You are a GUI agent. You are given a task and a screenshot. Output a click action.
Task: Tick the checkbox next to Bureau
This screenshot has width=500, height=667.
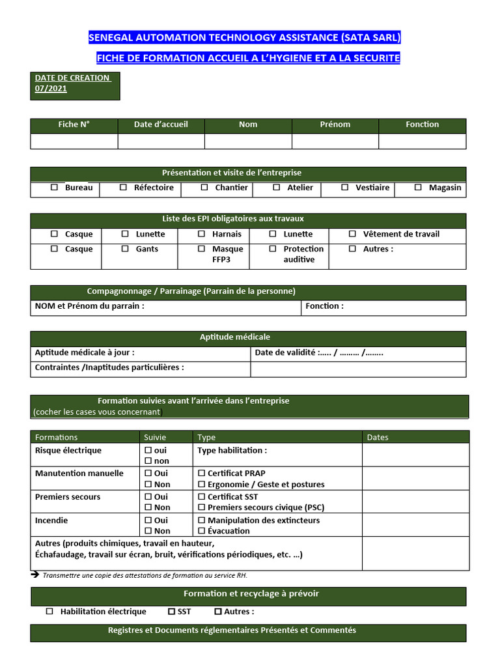[x=55, y=188]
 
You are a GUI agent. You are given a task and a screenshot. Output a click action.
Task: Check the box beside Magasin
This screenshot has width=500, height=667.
[x=418, y=188]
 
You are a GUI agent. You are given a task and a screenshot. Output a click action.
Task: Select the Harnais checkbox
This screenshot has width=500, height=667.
[x=201, y=234]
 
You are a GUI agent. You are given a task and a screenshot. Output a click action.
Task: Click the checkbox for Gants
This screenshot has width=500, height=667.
[x=125, y=249]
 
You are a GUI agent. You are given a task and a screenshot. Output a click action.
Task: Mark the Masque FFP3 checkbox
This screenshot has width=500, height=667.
[x=201, y=249]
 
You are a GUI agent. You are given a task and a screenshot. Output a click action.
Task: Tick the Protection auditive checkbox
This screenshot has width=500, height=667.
[x=273, y=249]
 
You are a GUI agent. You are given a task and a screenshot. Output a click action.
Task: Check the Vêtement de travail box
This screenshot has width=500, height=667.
[x=352, y=234]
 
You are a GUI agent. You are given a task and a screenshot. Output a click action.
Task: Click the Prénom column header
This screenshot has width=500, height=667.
[x=335, y=124]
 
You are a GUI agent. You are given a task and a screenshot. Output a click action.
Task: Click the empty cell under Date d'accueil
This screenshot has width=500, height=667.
[x=161, y=141]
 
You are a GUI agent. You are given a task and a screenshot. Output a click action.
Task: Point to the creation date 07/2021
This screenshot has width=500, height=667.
[x=51, y=89]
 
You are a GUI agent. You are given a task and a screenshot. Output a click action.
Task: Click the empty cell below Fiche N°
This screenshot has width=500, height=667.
[x=74, y=141]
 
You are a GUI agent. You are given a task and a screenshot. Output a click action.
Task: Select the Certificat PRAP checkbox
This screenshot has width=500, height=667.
[x=202, y=474]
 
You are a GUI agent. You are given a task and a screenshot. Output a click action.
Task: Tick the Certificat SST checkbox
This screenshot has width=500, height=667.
[x=202, y=497]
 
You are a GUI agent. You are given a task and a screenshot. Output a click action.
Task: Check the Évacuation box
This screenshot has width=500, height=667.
[x=202, y=531]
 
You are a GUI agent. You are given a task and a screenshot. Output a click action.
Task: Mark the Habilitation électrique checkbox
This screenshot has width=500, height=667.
[x=50, y=612]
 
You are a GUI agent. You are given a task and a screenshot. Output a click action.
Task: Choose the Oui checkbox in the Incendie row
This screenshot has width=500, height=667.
[x=148, y=520]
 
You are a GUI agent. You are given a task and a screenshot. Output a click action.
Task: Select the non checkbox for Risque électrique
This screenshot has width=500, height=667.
[x=148, y=461]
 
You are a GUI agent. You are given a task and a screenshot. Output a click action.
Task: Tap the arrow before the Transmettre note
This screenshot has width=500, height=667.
[x=35, y=575]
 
